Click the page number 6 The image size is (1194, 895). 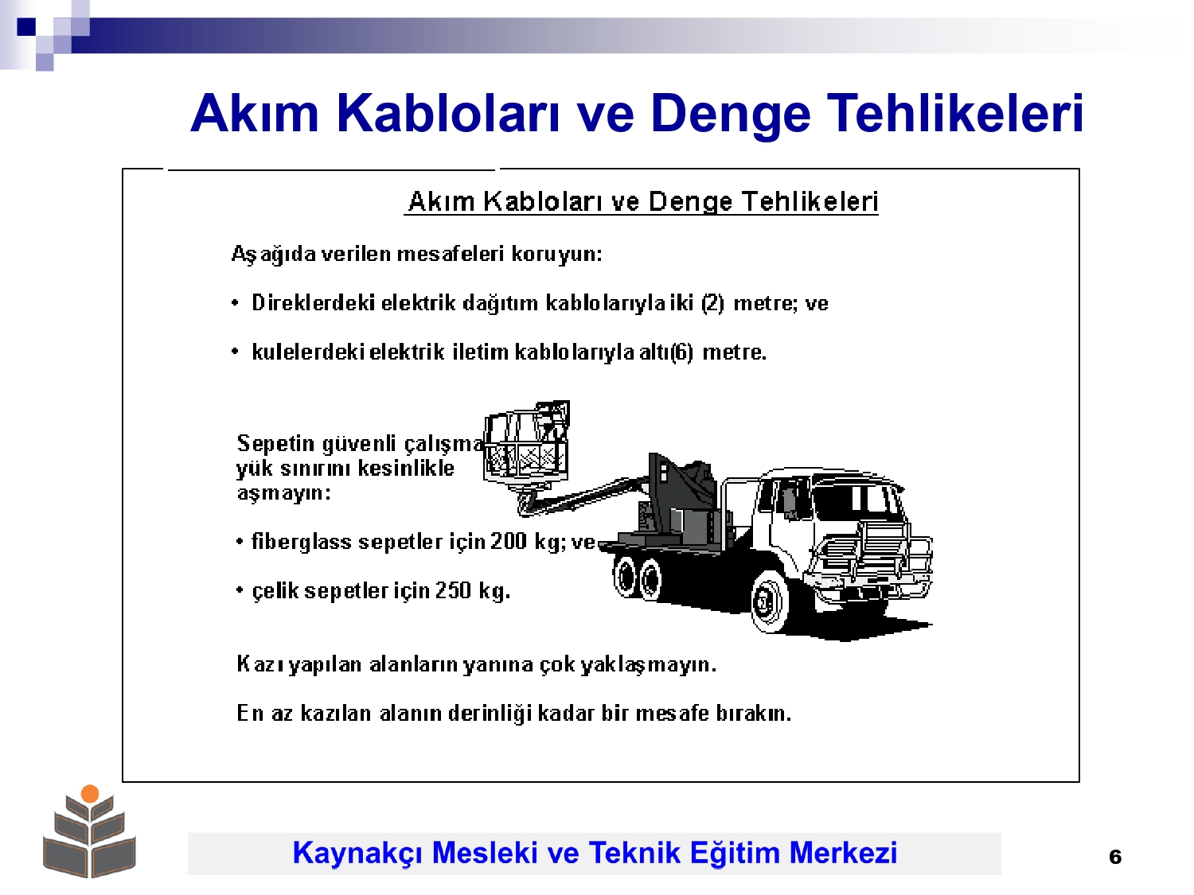pos(1114,857)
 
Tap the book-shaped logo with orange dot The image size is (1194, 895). pos(89,831)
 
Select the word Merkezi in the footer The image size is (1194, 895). pos(843,852)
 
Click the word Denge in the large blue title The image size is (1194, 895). pos(730,114)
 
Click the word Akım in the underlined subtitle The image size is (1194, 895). pos(441,201)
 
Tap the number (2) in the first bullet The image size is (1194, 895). pos(712,302)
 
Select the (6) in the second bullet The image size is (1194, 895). pos(682,352)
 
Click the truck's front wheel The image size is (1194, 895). pos(770,601)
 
